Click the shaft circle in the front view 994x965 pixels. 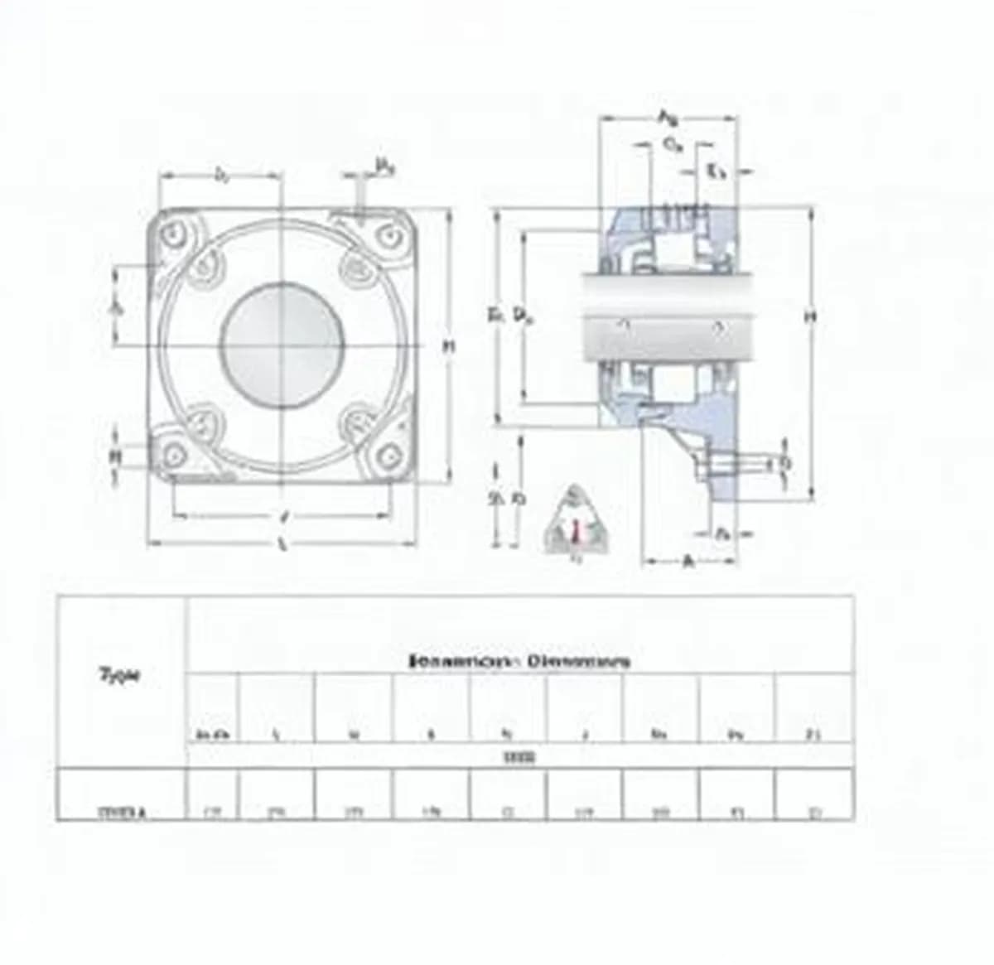click(282, 343)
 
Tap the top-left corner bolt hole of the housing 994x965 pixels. click(176, 235)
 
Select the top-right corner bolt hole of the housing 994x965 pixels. click(388, 237)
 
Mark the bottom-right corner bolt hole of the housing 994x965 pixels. click(388, 453)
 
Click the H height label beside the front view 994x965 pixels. click(448, 346)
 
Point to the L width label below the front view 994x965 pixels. click(282, 544)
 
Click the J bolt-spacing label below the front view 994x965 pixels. click(284, 516)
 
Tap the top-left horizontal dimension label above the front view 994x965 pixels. click(221, 175)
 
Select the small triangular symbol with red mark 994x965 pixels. click(574, 525)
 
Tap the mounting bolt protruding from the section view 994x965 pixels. click(737, 462)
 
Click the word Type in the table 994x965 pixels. click(121, 674)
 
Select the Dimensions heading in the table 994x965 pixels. click(520, 661)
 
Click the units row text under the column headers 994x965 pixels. click(520, 756)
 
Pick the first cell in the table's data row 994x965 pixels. click(121, 813)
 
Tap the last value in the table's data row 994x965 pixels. click(814, 813)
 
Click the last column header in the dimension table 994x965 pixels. click(814, 733)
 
